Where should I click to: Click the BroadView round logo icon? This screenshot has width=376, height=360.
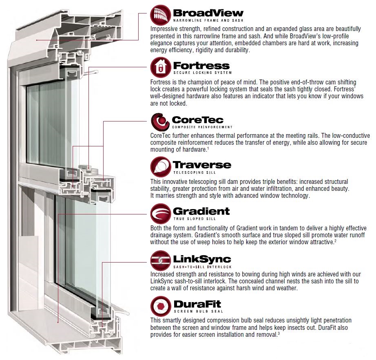coord(161,15)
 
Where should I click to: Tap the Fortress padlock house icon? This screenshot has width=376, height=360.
coord(161,67)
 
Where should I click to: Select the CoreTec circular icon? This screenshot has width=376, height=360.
coord(161,121)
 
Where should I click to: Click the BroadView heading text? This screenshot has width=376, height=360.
coord(208,13)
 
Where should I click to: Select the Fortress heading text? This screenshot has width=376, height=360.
coord(201,65)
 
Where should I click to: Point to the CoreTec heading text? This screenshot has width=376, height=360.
coord(198,119)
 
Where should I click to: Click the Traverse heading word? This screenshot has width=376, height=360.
coord(202,165)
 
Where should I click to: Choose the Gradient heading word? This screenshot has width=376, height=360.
coord(201,211)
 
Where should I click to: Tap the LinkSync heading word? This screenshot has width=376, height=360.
coord(202,259)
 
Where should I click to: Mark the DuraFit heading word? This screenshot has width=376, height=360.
coord(197,304)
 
